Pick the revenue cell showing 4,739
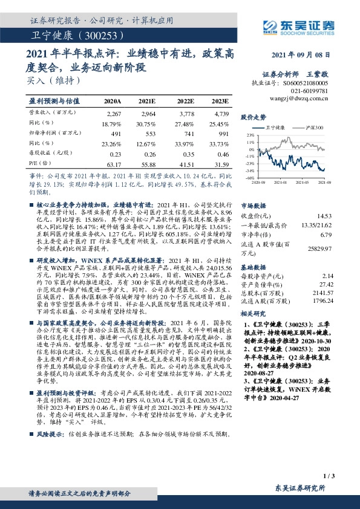tap(221, 114)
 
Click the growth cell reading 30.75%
tap(147, 123)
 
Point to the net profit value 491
tap(114, 133)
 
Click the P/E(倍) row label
tap(39, 163)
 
